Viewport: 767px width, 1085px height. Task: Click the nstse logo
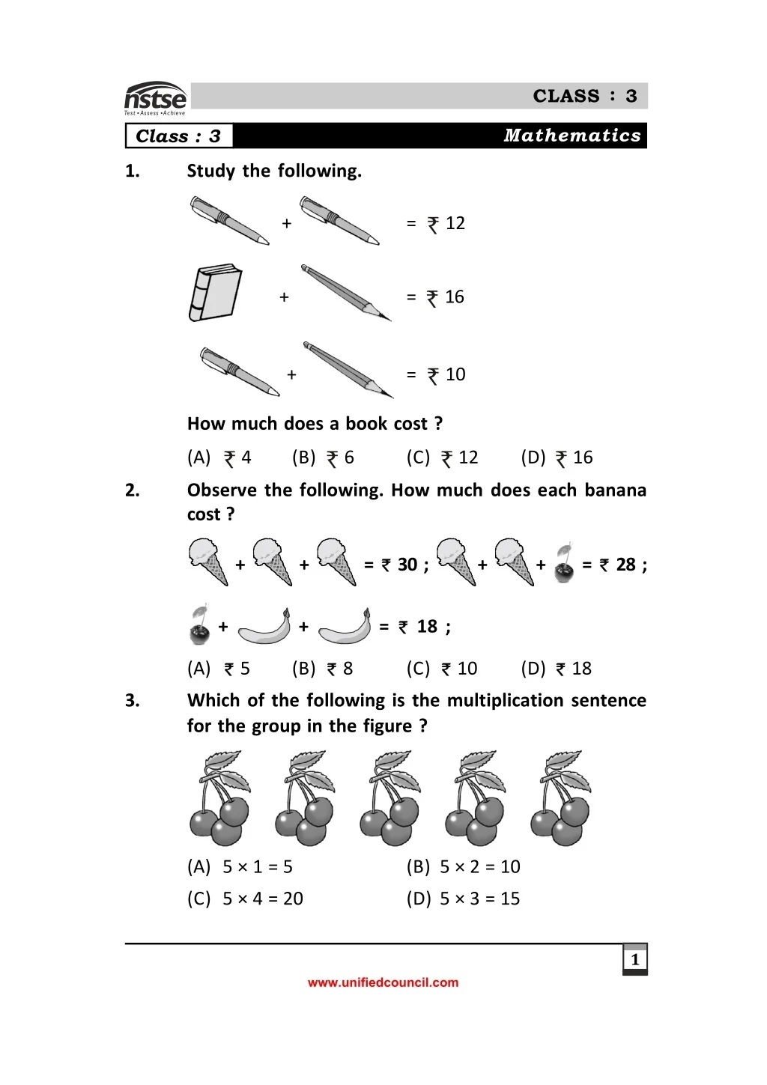click(155, 99)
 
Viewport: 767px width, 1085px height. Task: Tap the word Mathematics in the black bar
click(572, 136)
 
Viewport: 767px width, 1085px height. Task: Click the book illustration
click(215, 292)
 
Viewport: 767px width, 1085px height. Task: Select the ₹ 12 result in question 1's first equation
click(446, 223)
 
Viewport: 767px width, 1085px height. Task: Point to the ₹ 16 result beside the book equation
click(446, 297)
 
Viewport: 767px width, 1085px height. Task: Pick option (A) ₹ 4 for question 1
click(219, 458)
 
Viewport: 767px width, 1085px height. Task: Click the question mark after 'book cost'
click(438, 424)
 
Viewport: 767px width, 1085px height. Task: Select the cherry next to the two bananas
click(199, 625)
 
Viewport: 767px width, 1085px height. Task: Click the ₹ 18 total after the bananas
click(419, 627)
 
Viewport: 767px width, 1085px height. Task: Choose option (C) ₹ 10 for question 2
click(442, 669)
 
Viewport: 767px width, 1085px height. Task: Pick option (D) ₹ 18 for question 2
click(557, 669)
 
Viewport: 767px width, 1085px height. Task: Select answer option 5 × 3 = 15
click(464, 899)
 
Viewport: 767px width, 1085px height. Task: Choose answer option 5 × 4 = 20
click(245, 899)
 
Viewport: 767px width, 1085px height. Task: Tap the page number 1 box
click(635, 959)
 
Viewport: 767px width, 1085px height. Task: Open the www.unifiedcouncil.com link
click(383, 982)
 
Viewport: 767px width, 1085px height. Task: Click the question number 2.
click(133, 490)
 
